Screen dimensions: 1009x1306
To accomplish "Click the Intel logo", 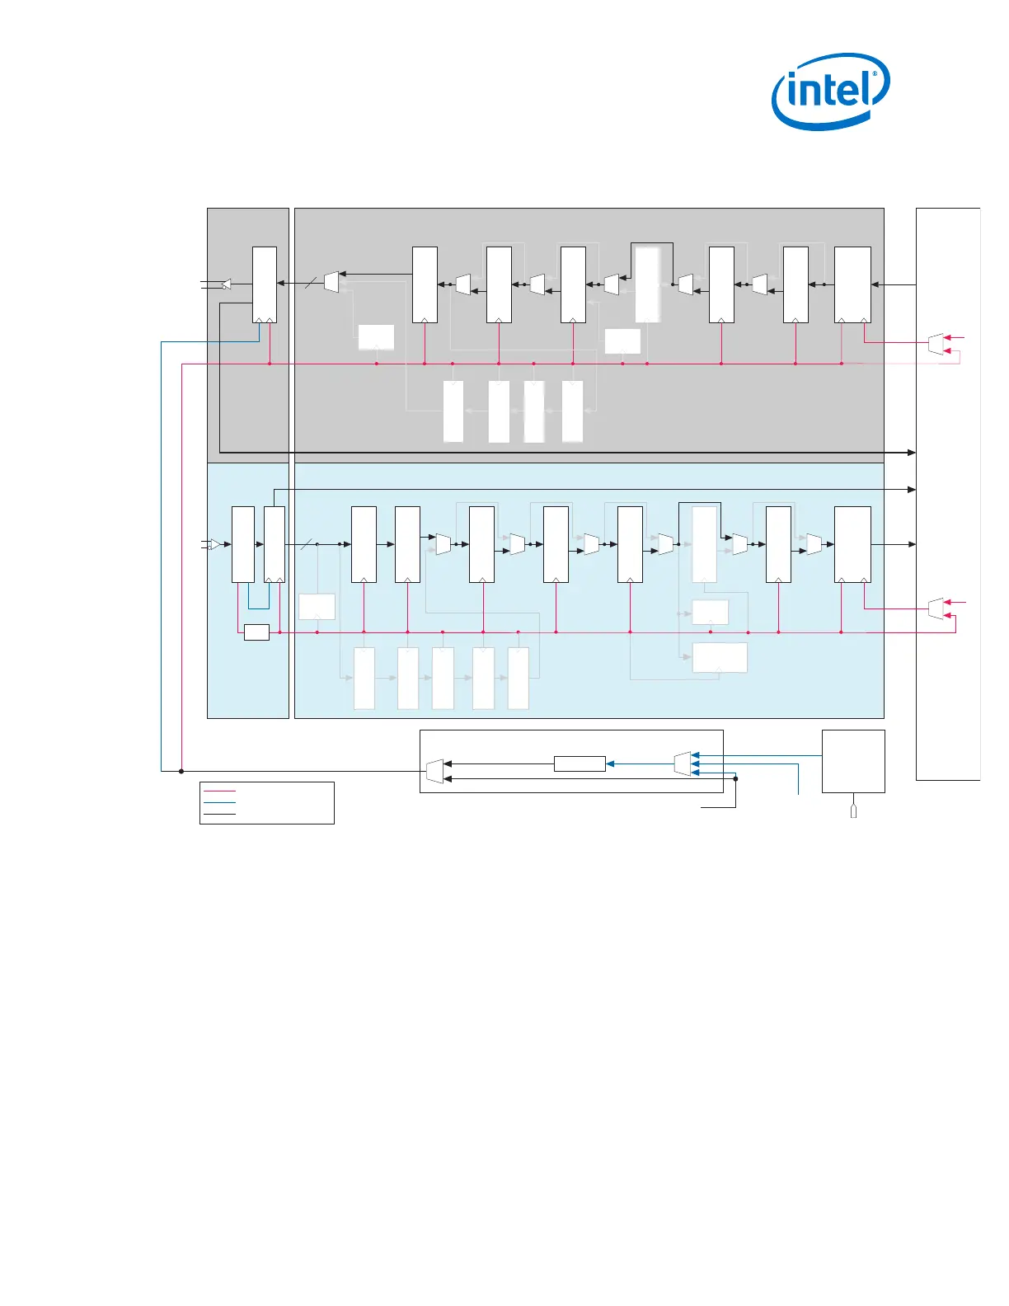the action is point(830,91).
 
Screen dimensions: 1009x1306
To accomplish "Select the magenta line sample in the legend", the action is point(218,791).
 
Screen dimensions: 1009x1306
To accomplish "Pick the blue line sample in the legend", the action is point(218,802).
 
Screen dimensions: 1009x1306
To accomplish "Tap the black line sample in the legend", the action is point(218,814).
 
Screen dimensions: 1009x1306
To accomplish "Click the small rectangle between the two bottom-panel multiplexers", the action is point(580,763).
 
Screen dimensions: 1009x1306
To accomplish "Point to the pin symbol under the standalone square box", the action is point(853,811).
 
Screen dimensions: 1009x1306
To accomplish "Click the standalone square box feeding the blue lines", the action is point(853,761).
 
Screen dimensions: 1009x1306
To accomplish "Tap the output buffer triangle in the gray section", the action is point(226,284).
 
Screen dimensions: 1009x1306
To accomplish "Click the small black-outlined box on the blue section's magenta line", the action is point(256,632).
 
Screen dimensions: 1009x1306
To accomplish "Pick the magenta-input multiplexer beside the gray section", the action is point(936,344).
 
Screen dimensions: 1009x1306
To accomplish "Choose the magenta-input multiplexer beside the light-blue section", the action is point(936,608).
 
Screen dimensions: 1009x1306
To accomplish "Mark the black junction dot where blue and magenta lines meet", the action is point(181,771).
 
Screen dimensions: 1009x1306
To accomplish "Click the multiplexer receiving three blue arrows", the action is point(682,763).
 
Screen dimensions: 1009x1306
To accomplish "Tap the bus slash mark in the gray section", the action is point(310,284).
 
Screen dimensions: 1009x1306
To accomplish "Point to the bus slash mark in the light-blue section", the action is point(306,544).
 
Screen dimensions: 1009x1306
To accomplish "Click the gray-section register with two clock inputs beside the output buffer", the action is point(264,284).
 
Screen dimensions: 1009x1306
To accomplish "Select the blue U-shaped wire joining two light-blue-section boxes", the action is point(258,602).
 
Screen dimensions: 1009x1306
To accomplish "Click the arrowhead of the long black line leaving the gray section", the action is point(911,453).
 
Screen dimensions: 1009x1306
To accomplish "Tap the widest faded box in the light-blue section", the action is point(720,658).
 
